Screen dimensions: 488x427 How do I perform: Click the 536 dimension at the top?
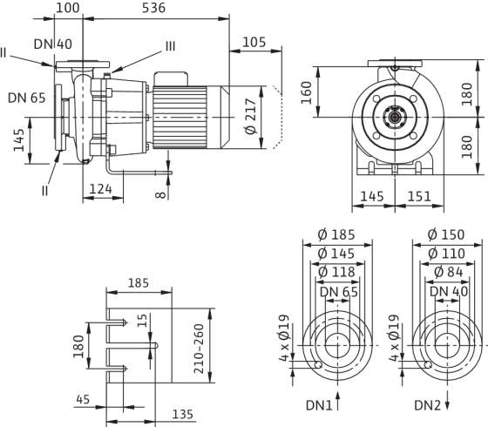(153, 8)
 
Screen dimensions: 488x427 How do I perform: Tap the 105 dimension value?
(254, 43)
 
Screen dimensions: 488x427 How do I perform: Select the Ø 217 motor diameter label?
(251, 117)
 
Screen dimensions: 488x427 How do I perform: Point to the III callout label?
(170, 46)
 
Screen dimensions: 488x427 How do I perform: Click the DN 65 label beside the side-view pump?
(27, 98)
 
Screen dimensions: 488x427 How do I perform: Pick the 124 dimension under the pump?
(100, 189)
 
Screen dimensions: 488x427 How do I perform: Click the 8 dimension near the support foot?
(160, 194)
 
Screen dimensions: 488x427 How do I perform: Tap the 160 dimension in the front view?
(306, 92)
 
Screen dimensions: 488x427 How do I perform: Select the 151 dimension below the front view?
(419, 196)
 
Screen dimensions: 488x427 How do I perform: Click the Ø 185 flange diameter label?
(336, 234)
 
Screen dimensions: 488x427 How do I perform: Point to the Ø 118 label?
(336, 272)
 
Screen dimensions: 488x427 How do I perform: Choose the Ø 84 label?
(448, 272)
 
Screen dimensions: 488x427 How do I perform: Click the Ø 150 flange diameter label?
(446, 234)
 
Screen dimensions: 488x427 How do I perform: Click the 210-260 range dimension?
(199, 349)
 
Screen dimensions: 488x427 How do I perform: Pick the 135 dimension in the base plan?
(183, 414)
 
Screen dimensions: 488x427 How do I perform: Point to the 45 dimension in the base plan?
(83, 399)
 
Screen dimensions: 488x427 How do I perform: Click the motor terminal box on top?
(171, 78)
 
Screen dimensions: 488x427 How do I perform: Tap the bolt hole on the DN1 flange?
(318, 364)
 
